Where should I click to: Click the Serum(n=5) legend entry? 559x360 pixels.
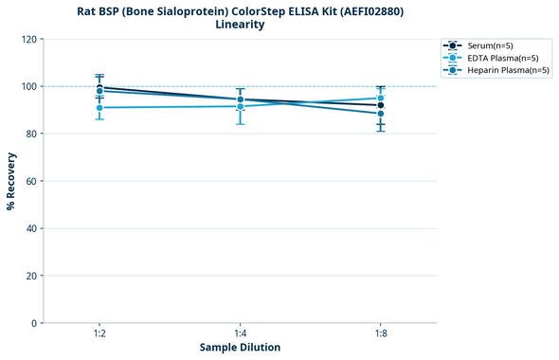489,45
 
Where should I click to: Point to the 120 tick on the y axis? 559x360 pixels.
28,39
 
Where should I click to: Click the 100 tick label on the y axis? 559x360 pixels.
28,86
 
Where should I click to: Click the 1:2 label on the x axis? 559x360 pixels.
99,333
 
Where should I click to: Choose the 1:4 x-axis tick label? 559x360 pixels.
240,333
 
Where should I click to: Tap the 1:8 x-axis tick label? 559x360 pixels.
381,333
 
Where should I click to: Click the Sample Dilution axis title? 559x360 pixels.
240,348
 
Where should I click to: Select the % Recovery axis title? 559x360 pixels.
11,181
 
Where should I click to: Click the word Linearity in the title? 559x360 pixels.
240,25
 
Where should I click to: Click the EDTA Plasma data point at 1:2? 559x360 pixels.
99,108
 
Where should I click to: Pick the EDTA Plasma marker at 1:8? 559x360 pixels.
381,99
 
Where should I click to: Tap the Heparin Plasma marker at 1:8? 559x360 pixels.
381,114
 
